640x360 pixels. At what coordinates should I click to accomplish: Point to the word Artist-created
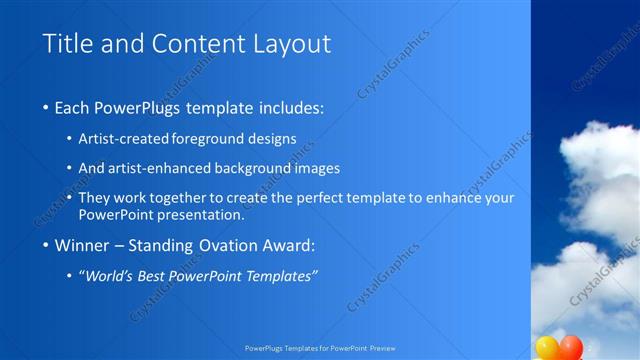point(123,139)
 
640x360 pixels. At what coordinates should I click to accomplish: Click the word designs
point(276,139)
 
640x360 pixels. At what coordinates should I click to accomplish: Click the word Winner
point(81,245)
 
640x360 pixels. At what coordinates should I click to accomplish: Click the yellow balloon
point(547,348)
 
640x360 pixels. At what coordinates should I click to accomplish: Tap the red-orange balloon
point(571,347)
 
